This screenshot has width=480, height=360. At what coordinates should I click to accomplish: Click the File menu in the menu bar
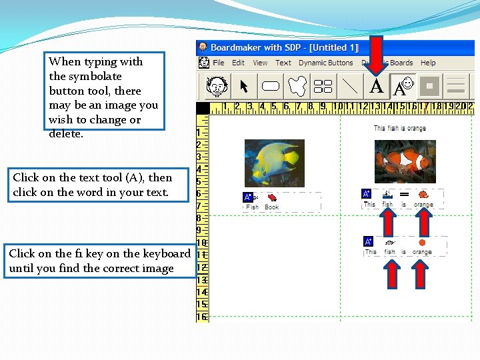218,63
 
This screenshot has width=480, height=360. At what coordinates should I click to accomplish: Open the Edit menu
238,63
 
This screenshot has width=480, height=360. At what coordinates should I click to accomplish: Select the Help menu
428,63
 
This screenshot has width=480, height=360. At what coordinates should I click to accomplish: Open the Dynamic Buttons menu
325,63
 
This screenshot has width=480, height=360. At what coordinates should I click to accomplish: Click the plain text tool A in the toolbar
377,87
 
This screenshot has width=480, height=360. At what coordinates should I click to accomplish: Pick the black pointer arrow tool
243,87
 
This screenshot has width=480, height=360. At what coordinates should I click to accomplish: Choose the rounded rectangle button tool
270,87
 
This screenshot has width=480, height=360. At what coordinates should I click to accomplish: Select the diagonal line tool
349,87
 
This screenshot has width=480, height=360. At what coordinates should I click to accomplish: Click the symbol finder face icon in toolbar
216,87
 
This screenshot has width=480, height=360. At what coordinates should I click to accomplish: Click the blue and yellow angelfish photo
274,163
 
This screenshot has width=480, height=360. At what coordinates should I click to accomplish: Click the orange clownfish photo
405,161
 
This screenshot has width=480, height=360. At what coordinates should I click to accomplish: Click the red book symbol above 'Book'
272,197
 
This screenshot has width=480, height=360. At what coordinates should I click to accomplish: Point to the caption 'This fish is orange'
399,128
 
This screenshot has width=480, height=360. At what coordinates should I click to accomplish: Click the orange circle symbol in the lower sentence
422,243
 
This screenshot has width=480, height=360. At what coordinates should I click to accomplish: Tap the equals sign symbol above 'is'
404,195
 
